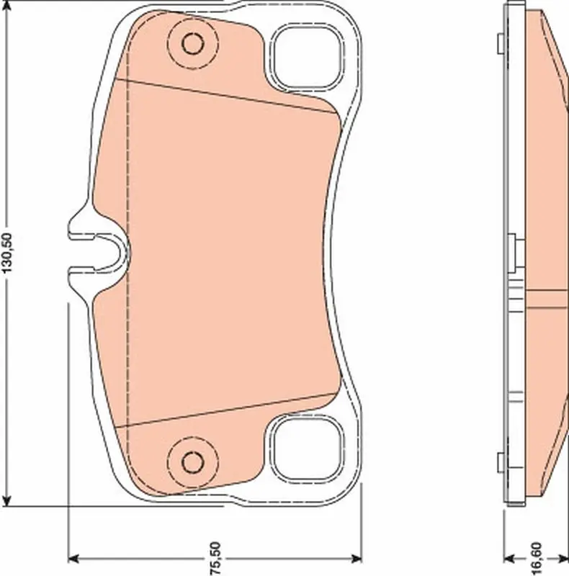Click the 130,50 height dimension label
pos(7,253)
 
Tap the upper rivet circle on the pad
pos(192,43)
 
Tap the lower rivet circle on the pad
pos(192,462)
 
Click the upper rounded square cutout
pos(307,58)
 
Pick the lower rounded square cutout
pos(307,448)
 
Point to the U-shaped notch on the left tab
pos(110,253)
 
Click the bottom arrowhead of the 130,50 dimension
pos(6,500)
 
